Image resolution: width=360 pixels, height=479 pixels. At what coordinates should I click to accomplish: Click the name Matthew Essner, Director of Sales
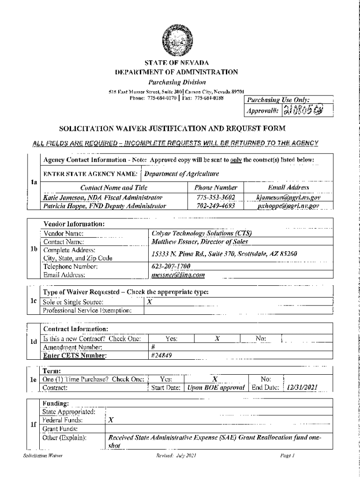click(200, 242)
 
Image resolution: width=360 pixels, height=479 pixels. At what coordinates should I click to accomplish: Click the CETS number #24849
click(162, 356)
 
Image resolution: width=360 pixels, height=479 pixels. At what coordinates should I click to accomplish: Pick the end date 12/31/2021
click(303, 388)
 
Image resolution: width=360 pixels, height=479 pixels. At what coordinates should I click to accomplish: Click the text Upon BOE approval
click(216, 388)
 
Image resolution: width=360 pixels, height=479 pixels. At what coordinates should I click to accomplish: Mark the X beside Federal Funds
click(110, 420)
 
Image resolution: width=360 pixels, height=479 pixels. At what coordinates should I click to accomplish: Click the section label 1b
click(33, 249)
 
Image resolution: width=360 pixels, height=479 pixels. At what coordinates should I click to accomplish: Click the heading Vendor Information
click(74, 224)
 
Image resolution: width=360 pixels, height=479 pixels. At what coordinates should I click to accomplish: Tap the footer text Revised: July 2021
click(177, 455)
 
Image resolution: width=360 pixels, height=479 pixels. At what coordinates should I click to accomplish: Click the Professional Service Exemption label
click(87, 310)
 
